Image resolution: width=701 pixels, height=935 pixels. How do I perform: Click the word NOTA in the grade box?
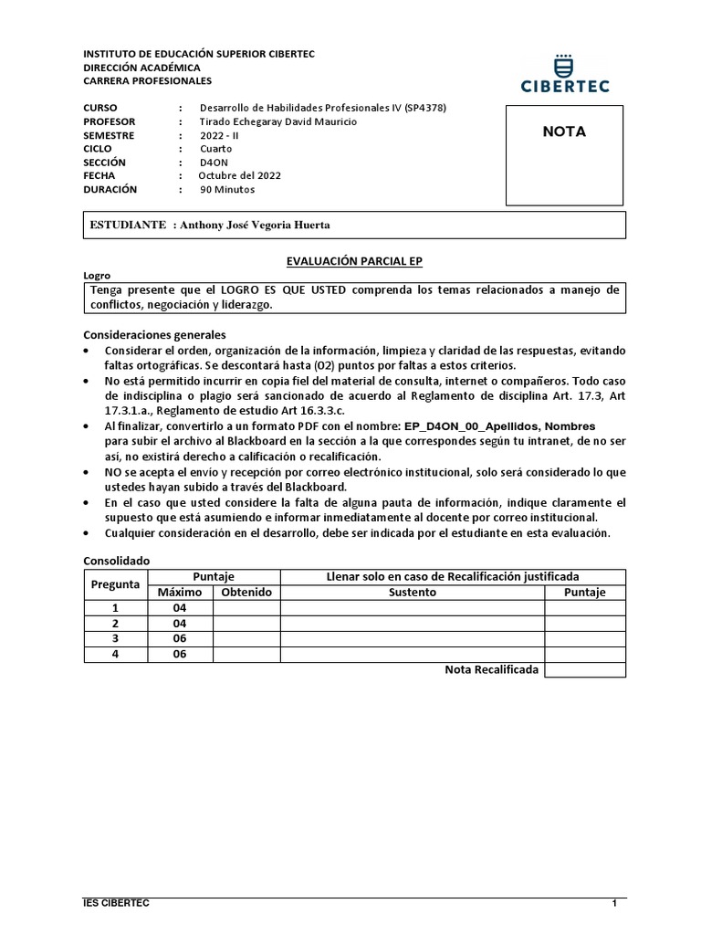pos(564,131)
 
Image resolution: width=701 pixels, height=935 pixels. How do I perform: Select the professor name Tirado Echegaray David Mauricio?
pos(278,121)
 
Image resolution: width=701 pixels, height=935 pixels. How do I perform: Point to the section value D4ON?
pos(214,162)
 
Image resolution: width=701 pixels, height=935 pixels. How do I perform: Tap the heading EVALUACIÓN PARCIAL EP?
pos(354,261)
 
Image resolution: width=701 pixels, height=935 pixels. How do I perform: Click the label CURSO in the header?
pos(100,108)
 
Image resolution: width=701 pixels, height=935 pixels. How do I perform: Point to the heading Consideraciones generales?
pos(154,334)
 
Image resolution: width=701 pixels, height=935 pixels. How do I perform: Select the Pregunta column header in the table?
pos(115,584)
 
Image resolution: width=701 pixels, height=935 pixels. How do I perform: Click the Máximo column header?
pos(179,592)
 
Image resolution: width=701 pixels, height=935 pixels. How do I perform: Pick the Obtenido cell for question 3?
pos(246,638)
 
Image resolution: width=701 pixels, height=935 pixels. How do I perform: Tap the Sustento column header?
pos(412,592)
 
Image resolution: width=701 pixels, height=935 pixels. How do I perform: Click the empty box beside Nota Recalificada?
pos(585,669)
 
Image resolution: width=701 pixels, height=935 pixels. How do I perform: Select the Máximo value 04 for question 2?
pos(179,623)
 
